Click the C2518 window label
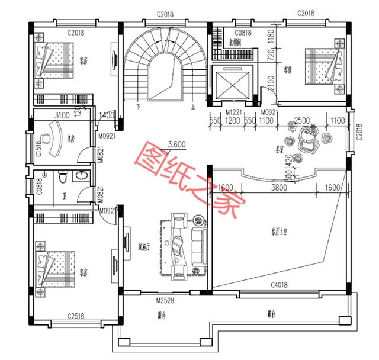pos(78,316)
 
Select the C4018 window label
pos(280,285)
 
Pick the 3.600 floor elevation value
pos(178,143)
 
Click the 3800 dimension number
pos(279,188)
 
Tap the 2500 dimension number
pos(302,121)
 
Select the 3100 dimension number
pos(62,115)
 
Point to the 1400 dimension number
pos(107,115)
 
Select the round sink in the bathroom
pos(82,175)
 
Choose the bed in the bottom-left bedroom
pos(57,264)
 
